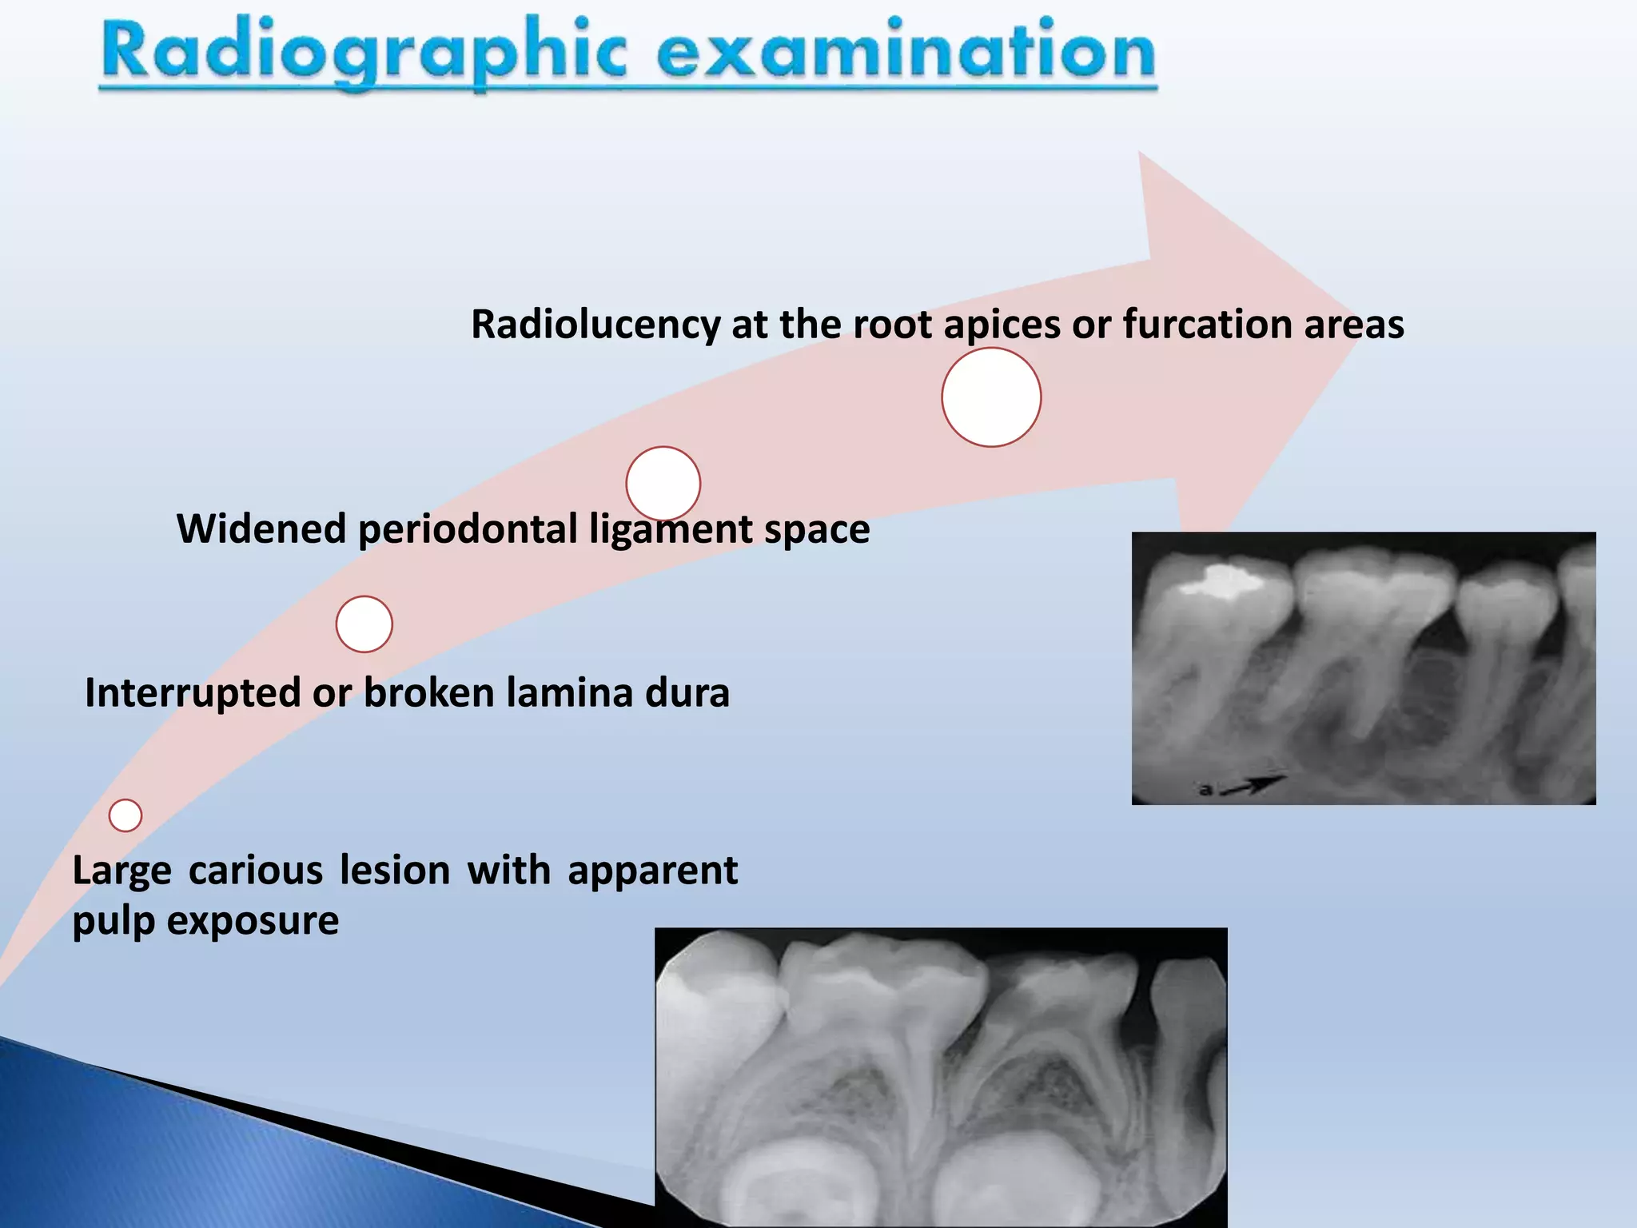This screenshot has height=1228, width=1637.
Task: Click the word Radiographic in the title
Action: point(364,52)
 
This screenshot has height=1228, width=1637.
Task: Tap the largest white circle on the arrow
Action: point(991,397)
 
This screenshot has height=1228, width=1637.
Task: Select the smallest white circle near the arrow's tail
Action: point(125,815)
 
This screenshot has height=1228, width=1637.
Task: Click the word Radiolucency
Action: point(595,325)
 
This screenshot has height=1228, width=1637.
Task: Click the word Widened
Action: point(261,529)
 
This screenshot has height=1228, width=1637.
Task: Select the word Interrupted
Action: point(192,692)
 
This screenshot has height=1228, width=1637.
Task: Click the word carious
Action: point(256,871)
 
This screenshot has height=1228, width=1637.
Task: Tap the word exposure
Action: point(253,921)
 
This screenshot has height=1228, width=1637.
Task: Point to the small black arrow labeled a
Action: point(1255,785)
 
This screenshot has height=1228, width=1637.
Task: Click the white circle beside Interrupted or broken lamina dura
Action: point(364,624)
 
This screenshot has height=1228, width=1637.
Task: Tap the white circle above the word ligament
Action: point(663,484)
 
